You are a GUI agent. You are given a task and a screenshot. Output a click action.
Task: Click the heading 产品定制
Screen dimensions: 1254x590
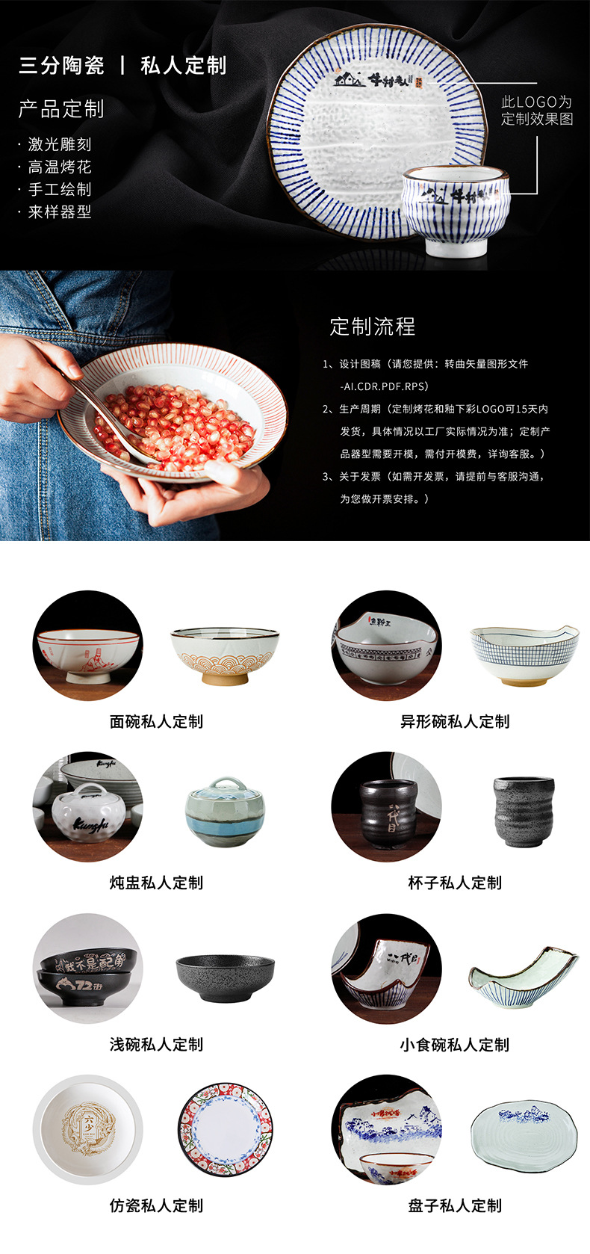(x=61, y=109)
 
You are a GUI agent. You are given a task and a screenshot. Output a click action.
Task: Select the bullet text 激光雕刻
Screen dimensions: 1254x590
(x=59, y=145)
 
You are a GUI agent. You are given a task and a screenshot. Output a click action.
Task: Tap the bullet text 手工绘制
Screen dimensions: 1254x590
(x=59, y=190)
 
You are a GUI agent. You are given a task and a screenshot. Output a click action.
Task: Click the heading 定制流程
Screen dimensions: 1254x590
(x=372, y=327)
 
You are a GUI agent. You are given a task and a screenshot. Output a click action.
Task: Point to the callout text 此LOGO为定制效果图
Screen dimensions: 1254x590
(x=536, y=110)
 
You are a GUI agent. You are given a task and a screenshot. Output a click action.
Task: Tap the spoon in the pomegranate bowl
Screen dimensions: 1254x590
(x=112, y=422)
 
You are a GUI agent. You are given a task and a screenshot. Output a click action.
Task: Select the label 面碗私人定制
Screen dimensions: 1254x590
(x=156, y=721)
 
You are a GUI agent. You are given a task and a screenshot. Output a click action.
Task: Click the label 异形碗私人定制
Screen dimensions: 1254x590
(x=455, y=721)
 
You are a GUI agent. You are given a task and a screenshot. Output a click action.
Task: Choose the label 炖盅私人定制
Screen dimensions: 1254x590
(x=156, y=883)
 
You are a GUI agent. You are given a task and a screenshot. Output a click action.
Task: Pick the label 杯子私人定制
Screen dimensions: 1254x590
(x=455, y=883)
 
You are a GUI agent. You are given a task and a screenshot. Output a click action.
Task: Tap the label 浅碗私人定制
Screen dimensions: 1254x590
(x=156, y=1044)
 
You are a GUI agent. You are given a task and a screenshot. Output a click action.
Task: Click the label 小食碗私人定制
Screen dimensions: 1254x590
(x=455, y=1044)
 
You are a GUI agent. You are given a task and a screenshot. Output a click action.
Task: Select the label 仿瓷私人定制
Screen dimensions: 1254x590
(x=156, y=1205)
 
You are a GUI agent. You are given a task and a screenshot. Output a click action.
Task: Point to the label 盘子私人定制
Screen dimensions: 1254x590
(x=455, y=1205)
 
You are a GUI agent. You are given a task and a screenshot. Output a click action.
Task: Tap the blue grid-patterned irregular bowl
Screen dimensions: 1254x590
(x=524, y=654)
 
